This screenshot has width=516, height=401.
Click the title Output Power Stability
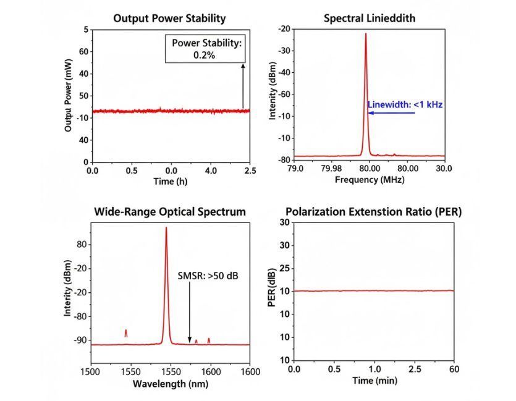tap(169, 18)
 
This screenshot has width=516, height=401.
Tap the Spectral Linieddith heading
tap(370, 18)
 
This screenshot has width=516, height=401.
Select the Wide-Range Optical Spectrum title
tap(170, 212)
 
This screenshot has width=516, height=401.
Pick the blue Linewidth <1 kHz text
tap(405, 104)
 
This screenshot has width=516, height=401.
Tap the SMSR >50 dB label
tap(208, 276)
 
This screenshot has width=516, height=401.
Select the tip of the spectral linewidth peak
tap(365, 34)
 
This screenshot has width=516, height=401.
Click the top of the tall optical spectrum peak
tap(166, 228)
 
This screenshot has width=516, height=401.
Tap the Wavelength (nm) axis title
tap(171, 383)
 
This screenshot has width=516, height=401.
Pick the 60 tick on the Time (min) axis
tap(454, 369)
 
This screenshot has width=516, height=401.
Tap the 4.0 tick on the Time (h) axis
tap(211, 169)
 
